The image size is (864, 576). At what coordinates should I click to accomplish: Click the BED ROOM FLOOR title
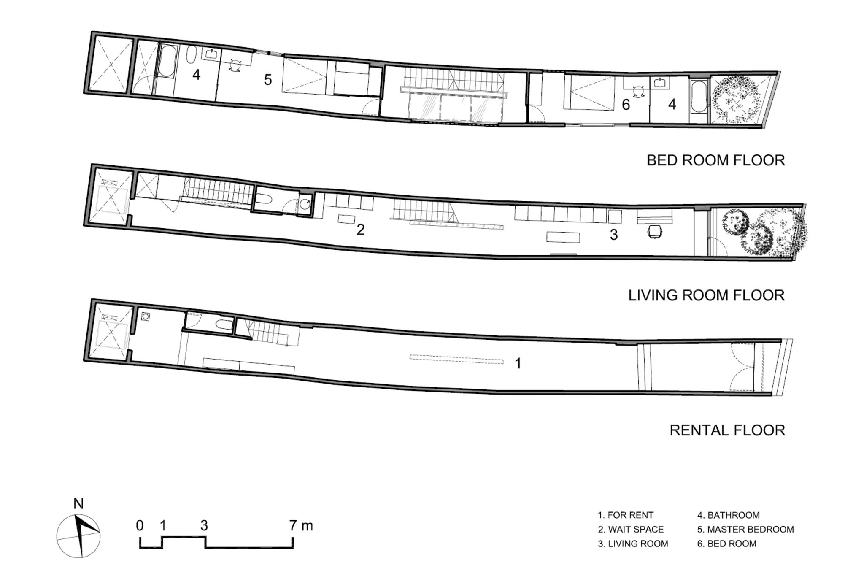point(715,160)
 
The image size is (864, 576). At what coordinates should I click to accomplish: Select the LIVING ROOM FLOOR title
point(706,295)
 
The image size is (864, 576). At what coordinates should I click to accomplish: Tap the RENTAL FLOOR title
point(727,430)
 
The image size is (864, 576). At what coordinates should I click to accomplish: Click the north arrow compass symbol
point(78,536)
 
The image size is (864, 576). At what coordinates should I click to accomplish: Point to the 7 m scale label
point(301,526)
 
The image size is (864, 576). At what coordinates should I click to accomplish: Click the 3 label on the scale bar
point(204,526)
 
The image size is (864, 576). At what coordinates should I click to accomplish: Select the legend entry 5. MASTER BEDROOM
point(745,529)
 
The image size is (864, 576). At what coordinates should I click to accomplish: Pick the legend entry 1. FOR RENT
point(626,515)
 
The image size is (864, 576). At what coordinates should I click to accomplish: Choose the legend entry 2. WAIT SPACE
point(631,529)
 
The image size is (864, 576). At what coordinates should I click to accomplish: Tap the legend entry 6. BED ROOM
point(726,544)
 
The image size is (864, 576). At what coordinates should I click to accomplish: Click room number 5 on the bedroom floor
point(267,79)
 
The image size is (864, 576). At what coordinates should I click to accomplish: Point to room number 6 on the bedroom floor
point(626,104)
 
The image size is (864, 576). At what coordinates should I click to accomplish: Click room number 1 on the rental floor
point(518,363)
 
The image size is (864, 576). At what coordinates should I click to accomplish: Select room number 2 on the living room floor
point(360,230)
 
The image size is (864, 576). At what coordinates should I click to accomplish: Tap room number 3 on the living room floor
point(614,235)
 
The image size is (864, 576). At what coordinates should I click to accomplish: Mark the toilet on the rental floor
point(223,325)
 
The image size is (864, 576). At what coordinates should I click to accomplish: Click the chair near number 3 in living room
point(655,232)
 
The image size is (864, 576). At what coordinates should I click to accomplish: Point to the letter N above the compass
point(78,504)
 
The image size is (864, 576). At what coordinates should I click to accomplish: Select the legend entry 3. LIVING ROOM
point(633,544)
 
